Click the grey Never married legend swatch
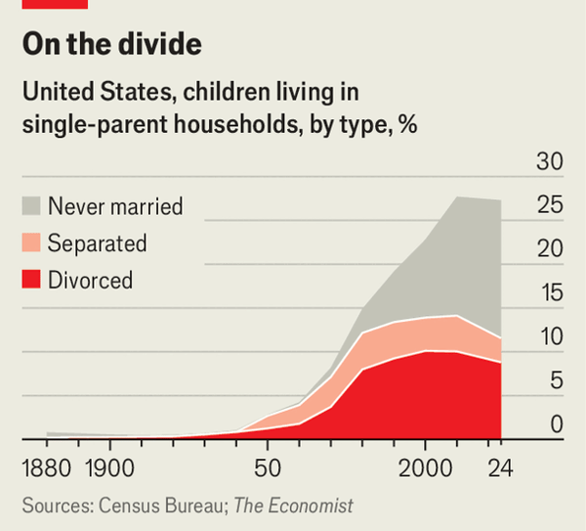(31, 205)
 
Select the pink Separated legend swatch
(31, 243)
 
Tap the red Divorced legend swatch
(31, 280)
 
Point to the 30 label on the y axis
(550, 162)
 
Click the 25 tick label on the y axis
(550, 206)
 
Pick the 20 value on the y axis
(550, 249)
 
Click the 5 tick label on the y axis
(556, 380)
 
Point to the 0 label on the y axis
(556, 424)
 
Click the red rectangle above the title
(55, 4)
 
